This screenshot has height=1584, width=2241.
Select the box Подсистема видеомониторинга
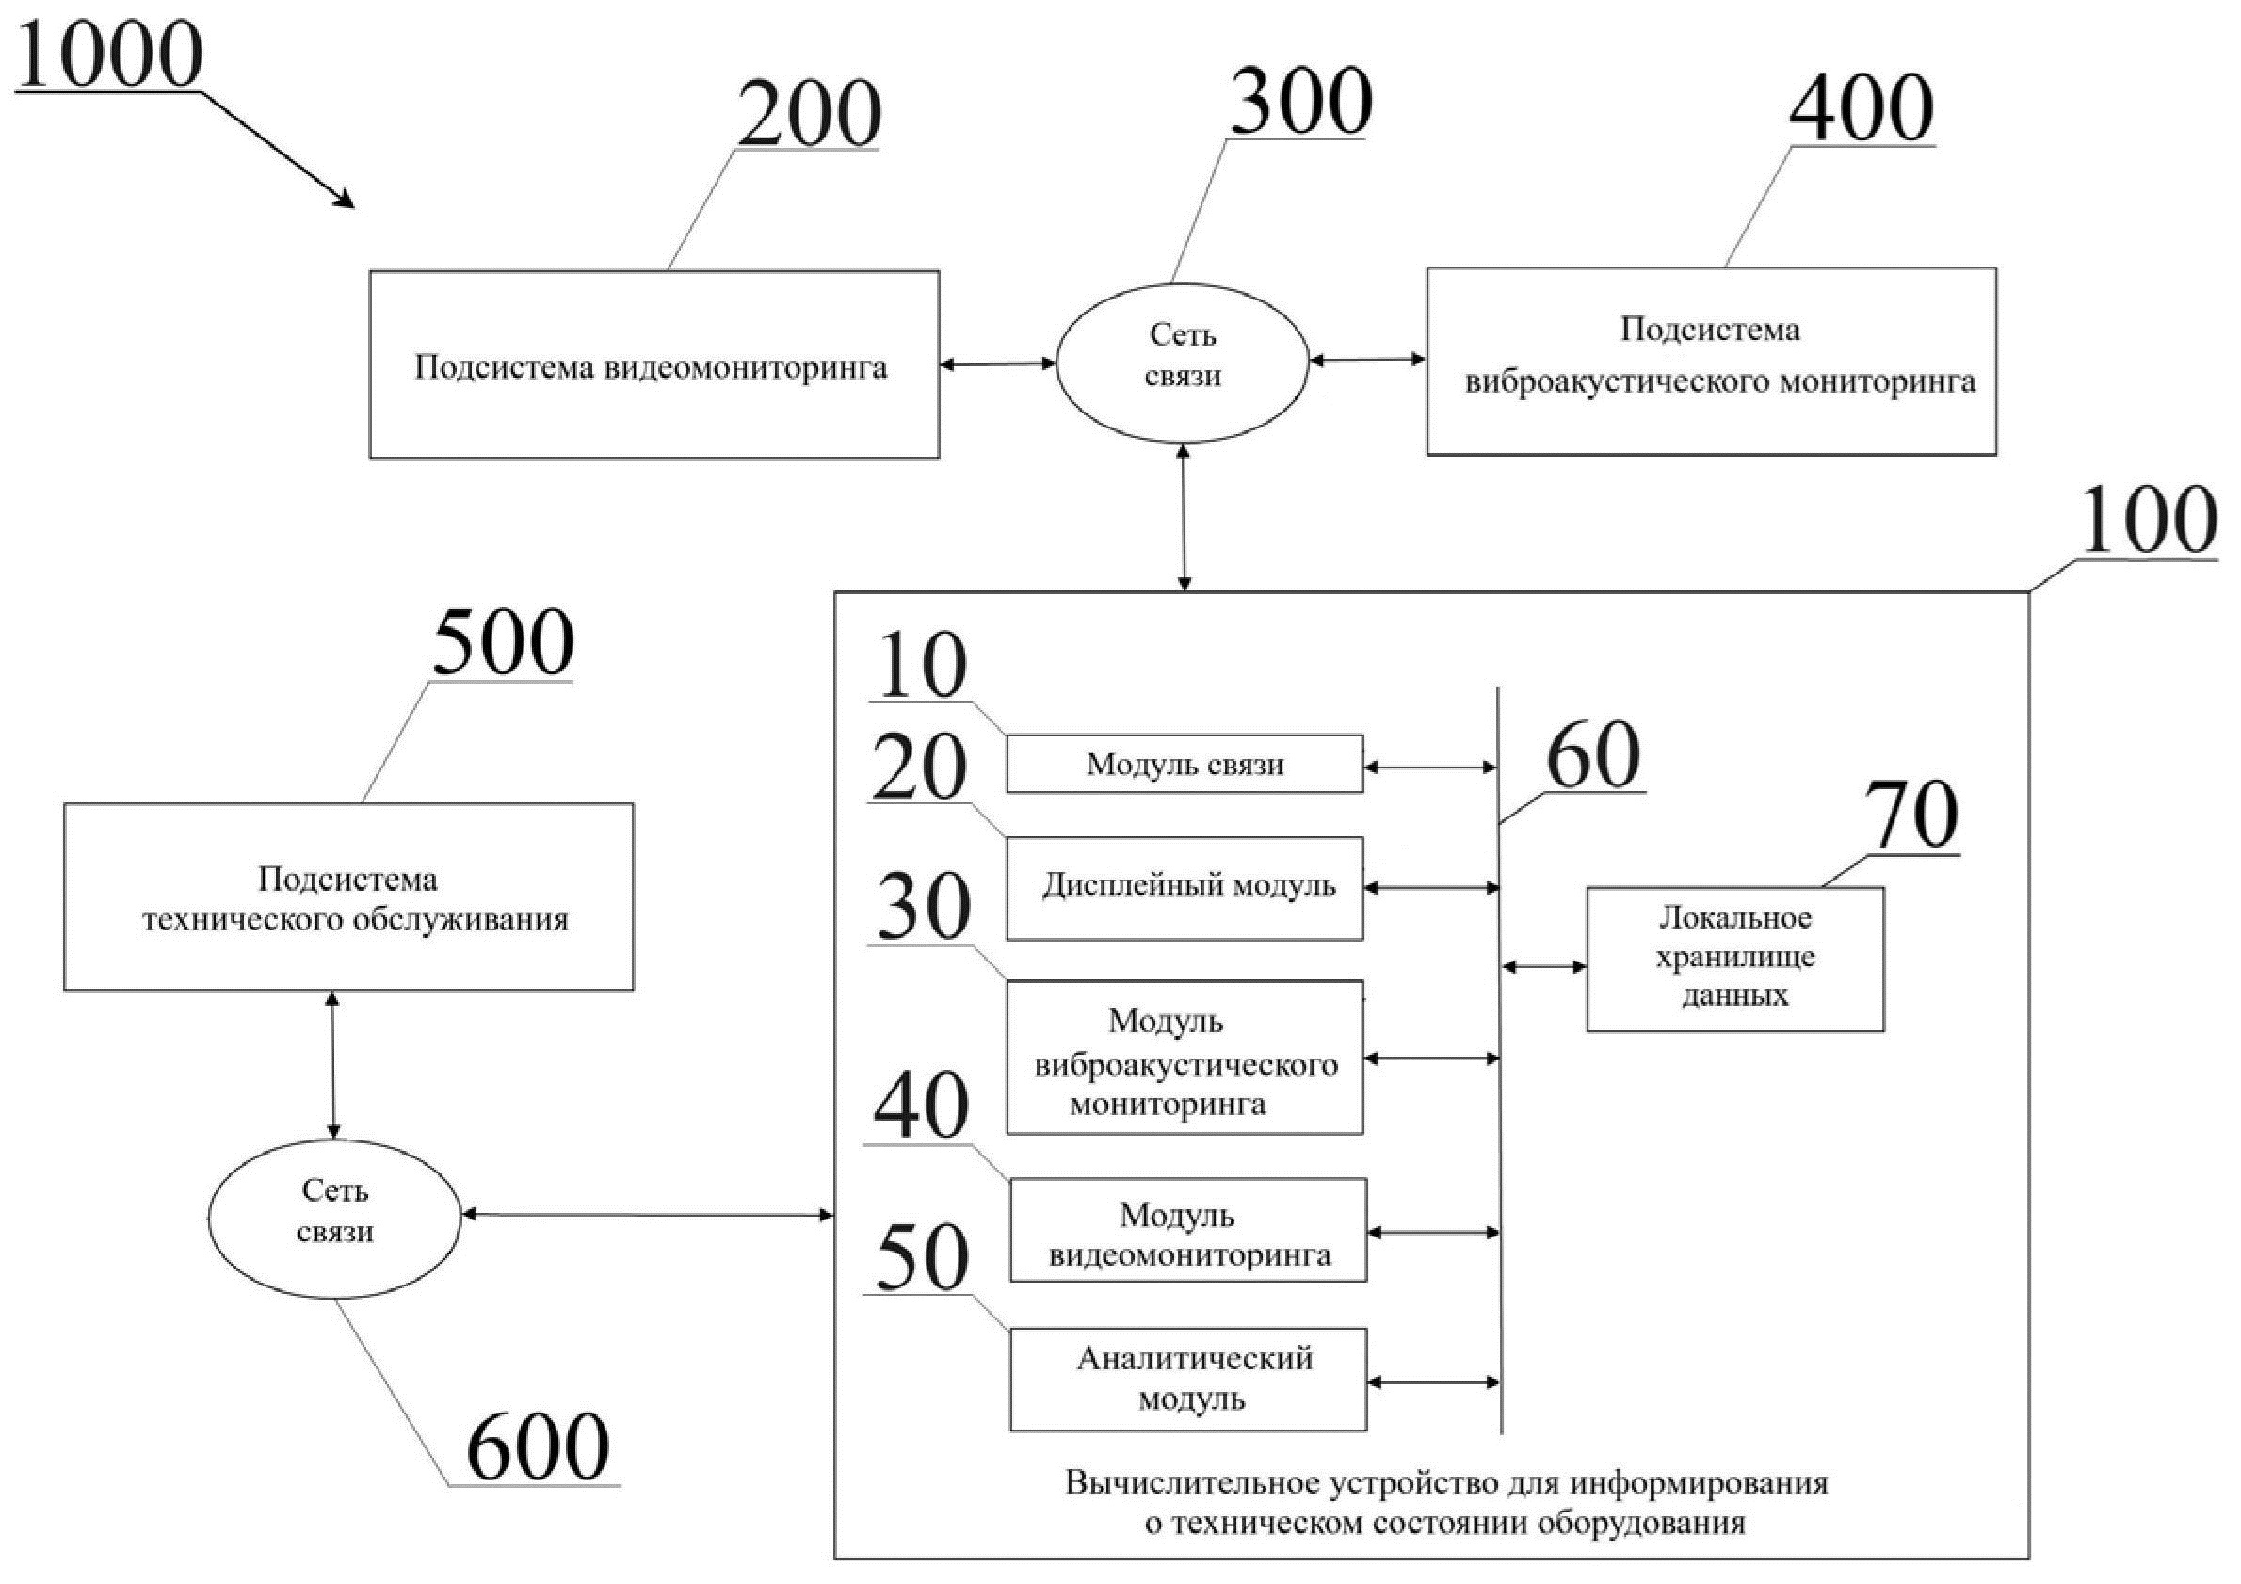(x=653, y=365)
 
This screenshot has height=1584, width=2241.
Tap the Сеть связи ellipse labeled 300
(x=1182, y=356)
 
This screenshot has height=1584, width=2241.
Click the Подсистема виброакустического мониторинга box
(x=1710, y=361)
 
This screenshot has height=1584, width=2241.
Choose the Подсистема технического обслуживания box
(x=348, y=896)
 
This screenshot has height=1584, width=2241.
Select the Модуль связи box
(x=1184, y=763)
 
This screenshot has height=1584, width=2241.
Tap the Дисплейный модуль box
(x=1184, y=887)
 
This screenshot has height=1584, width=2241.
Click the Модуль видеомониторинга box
(x=1188, y=1230)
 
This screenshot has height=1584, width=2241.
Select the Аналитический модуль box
(x=1188, y=1378)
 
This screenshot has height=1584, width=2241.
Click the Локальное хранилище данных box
(x=1734, y=959)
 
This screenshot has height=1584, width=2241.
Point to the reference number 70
(x=1910, y=816)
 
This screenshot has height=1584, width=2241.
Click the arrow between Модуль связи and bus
(x=1430, y=768)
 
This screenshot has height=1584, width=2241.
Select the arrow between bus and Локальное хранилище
(x=1544, y=967)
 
